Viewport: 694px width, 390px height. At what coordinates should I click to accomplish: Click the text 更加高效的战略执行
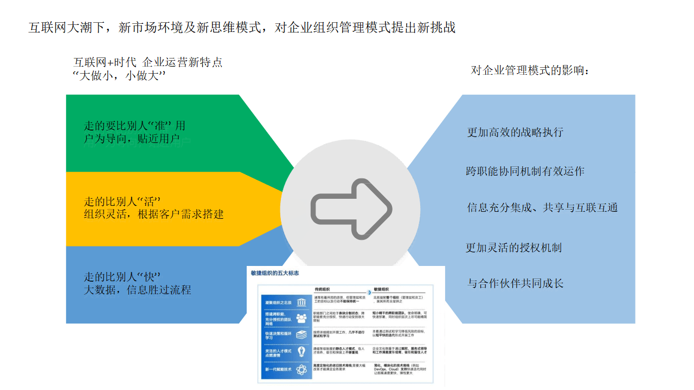[x=515, y=132]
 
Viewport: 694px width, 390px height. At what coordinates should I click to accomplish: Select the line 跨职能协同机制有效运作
[x=525, y=171]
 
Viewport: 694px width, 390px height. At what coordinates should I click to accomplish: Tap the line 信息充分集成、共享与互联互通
[x=542, y=207]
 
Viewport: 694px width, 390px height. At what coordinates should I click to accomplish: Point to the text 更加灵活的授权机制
[x=513, y=248]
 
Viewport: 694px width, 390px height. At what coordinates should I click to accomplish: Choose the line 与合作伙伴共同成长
[x=515, y=283]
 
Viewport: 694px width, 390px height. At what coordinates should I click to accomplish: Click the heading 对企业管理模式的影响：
[x=530, y=70]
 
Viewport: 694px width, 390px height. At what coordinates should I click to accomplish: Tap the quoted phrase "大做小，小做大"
[x=119, y=76]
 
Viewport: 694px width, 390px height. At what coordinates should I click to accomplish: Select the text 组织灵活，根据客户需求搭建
[x=153, y=214]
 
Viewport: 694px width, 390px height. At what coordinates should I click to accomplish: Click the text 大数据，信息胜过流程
[x=137, y=290]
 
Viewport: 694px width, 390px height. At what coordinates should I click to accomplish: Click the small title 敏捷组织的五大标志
[x=275, y=273]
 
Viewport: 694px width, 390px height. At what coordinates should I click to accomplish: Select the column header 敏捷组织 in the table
[x=381, y=289]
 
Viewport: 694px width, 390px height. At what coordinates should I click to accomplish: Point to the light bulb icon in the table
[x=301, y=352]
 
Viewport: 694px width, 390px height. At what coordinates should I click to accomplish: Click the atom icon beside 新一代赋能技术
[x=301, y=369]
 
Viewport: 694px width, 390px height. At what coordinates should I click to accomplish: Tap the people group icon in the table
[x=301, y=318]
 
